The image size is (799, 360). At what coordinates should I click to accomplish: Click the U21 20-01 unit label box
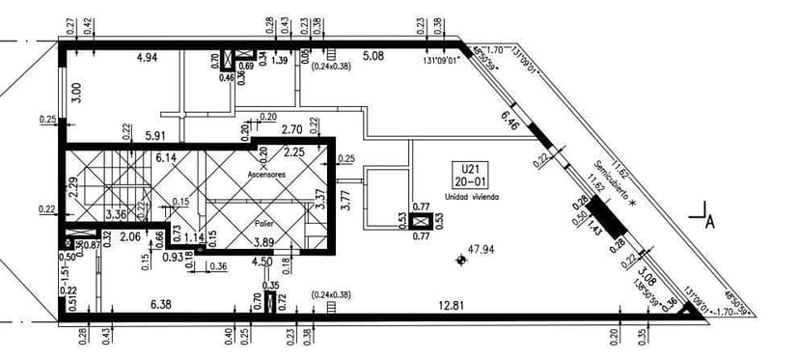(x=472, y=176)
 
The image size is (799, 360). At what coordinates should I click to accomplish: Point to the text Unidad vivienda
(x=472, y=196)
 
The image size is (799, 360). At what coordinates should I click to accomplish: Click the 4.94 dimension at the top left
(x=147, y=58)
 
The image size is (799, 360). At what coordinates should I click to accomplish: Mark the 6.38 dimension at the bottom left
(x=162, y=305)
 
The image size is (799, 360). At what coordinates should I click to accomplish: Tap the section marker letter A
(x=709, y=222)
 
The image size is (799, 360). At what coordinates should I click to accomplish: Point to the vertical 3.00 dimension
(x=76, y=93)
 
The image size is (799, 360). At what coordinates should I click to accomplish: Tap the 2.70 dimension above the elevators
(x=291, y=128)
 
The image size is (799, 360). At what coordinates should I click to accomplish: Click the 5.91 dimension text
(x=157, y=137)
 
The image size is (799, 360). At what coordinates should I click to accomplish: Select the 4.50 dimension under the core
(x=262, y=260)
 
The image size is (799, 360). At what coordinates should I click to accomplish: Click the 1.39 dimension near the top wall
(x=280, y=61)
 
